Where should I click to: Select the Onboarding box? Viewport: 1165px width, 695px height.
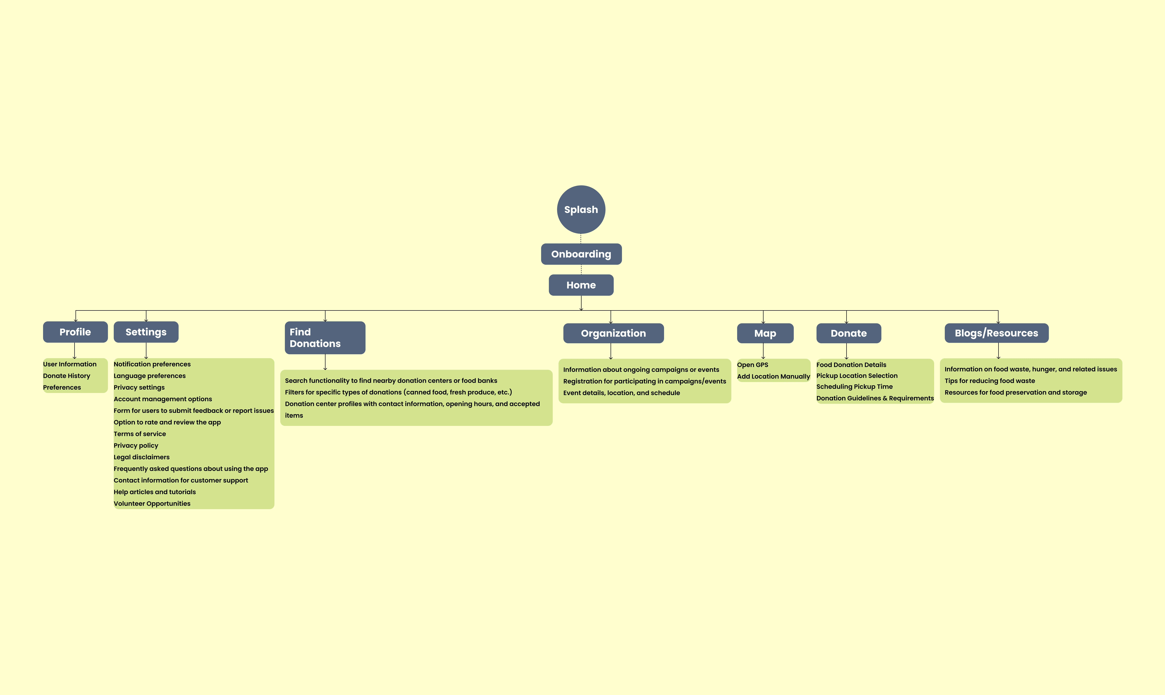tap(581, 254)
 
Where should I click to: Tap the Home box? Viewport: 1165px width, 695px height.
tap(581, 285)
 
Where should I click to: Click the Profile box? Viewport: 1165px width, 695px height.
tap(75, 332)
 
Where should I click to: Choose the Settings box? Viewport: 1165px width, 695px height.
tap(146, 332)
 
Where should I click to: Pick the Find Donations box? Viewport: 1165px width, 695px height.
tap(325, 338)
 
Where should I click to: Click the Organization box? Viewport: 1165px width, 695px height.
tap(613, 333)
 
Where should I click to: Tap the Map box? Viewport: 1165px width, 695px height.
tap(765, 333)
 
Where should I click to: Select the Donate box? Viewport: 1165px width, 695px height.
tap(848, 333)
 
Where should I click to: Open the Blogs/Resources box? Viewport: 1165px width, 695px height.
tap(996, 333)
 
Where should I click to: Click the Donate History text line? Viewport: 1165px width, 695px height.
tap(67, 376)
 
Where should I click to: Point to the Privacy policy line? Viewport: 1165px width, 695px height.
tap(136, 445)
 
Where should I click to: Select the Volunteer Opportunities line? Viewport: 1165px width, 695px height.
tap(152, 503)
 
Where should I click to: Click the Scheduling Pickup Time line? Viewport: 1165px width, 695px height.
tap(855, 386)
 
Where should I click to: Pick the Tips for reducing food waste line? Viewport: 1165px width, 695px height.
tap(990, 381)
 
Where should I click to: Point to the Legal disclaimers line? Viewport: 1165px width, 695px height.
tap(141, 457)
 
